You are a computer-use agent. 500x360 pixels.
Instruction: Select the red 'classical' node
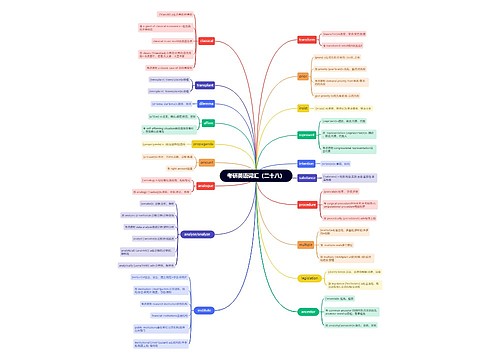point(207,41)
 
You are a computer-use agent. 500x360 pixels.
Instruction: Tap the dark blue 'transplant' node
point(204,85)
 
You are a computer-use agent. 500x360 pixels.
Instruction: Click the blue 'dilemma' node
point(206,103)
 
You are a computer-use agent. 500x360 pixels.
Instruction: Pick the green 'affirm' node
point(208,123)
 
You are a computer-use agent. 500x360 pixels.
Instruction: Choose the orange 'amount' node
point(206,161)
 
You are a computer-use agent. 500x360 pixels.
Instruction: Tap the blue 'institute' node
point(204,310)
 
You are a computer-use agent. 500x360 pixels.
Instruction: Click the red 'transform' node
point(307,39)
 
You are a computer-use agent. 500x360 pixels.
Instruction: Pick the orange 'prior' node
point(303,75)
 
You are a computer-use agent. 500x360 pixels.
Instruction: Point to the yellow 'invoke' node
point(303,107)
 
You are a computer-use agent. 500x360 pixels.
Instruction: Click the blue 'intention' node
point(306,162)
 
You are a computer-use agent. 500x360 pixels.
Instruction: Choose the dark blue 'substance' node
point(307,180)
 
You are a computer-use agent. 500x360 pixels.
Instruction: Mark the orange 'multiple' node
point(305,243)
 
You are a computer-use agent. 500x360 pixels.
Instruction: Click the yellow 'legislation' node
point(307,277)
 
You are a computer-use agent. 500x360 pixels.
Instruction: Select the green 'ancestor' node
point(307,311)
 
